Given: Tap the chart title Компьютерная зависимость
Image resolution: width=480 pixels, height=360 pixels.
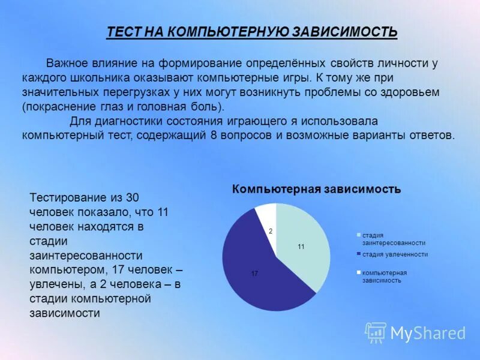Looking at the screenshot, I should click(x=317, y=190).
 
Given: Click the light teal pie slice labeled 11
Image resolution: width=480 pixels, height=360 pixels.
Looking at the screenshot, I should click(x=306, y=240).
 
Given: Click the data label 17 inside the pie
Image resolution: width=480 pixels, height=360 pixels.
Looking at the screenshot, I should click(x=254, y=274).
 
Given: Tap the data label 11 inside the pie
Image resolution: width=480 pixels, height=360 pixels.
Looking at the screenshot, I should click(x=301, y=247).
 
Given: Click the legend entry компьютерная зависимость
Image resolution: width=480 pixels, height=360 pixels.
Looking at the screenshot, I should click(x=384, y=277).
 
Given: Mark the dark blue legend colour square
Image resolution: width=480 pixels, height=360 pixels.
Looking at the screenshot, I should click(x=359, y=254).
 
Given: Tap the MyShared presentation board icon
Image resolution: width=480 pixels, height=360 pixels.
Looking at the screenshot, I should click(x=376, y=332).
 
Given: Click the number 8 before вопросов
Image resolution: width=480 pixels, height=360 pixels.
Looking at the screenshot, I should click(x=213, y=135).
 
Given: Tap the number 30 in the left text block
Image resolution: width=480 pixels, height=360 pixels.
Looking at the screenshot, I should click(x=133, y=197).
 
